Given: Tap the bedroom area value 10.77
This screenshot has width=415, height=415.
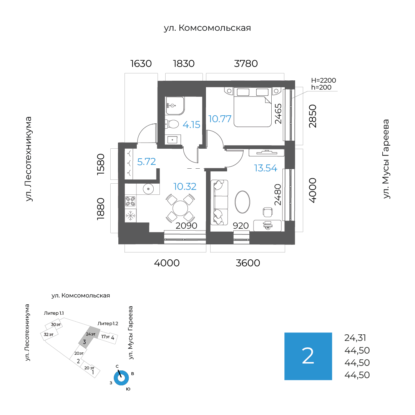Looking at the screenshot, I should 220,118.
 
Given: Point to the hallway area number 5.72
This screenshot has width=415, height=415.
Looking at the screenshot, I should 146,162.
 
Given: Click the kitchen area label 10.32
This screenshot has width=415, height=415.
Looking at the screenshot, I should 184,187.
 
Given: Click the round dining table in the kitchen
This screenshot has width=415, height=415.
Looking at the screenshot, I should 180,209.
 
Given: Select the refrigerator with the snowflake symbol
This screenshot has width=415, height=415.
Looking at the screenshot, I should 131,216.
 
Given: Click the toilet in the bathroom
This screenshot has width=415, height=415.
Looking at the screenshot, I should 172,124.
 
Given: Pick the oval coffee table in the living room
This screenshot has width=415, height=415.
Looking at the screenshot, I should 242,201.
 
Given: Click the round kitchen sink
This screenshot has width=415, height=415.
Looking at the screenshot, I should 148,189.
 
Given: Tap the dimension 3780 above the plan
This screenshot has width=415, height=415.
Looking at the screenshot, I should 246,63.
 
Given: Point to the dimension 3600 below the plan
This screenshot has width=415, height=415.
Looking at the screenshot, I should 248,263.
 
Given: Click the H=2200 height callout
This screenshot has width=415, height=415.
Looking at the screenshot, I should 323,80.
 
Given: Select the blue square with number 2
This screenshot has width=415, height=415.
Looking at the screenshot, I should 308,356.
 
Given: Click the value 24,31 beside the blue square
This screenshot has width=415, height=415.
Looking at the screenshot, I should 355,338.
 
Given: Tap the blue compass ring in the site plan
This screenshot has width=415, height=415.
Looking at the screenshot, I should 121,378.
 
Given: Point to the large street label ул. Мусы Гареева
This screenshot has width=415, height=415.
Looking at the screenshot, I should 387,159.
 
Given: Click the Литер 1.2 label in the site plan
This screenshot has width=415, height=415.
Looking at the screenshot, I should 108,323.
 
